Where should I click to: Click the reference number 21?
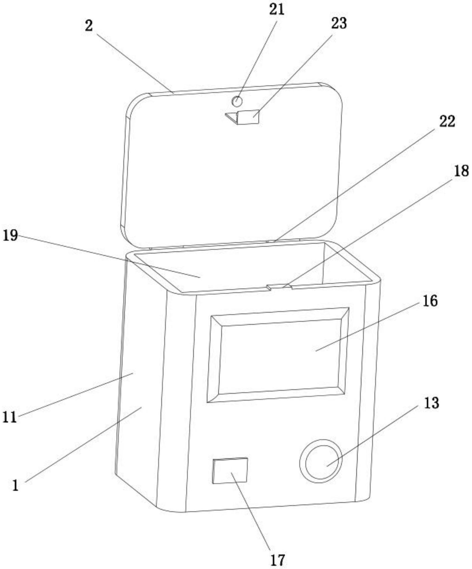(277, 9)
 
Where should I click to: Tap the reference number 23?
(339, 23)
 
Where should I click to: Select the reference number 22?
(447, 121)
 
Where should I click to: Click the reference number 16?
(430, 301)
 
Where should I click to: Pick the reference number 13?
(431, 403)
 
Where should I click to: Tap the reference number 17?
(277, 560)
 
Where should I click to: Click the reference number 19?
(10, 235)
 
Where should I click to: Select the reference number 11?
(9, 417)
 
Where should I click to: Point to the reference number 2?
(89, 26)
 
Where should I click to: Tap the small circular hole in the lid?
(237, 102)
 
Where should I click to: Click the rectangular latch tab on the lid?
(248, 117)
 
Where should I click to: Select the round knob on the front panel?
(321, 461)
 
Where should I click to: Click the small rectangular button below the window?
(230, 471)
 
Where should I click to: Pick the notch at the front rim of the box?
(279, 287)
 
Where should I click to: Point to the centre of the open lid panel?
(232, 165)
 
